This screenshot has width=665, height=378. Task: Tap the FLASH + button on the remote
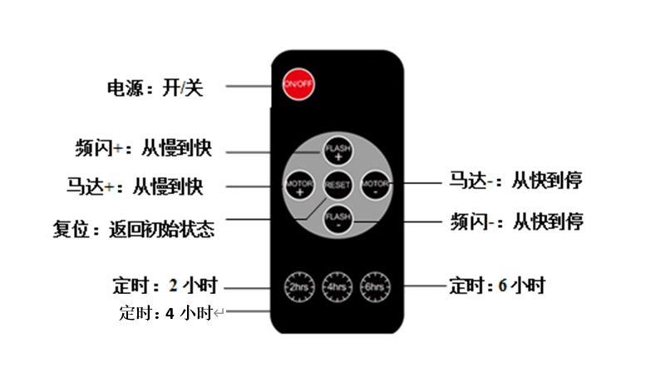[x=337, y=150]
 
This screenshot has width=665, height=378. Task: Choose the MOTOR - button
[x=377, y=183]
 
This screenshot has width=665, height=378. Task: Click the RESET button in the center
[x=337, y=183]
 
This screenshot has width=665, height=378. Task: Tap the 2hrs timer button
[x=297, y=285]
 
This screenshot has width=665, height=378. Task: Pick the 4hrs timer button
[x=337, y=285]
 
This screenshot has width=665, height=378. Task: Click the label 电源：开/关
[x=155, y=88]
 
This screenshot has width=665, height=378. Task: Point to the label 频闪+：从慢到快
[x=143, y=149]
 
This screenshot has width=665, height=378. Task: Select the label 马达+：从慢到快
[x=135, y=185]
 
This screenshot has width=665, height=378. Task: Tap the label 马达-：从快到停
[x=516, y=181]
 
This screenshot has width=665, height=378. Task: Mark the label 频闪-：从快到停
[x=516, y=221]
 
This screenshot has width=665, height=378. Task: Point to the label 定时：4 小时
[x=166, y=314]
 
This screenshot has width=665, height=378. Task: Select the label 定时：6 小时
[x=497, y=286]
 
